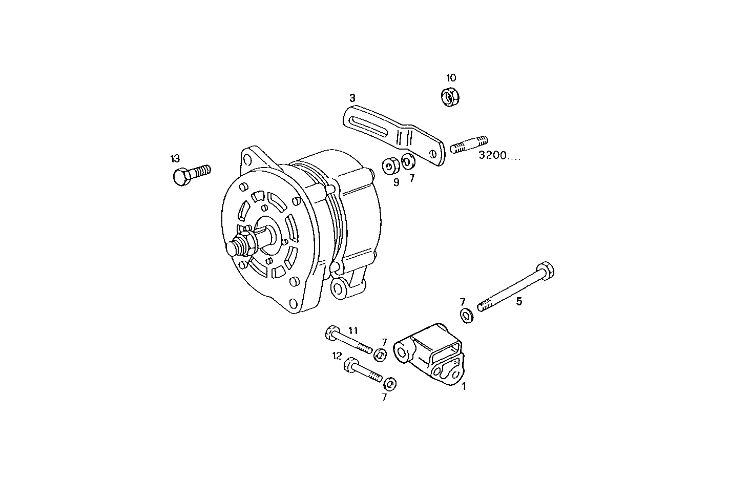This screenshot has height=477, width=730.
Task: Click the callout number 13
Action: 175,158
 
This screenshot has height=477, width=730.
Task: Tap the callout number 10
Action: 451,78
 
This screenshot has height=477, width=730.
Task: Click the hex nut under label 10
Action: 450,96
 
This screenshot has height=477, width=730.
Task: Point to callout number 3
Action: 352,97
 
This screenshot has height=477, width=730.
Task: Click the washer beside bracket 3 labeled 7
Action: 408,162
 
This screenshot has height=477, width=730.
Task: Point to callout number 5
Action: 519,301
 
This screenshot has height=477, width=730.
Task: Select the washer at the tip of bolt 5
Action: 466,316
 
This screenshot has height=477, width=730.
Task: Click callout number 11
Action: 353,330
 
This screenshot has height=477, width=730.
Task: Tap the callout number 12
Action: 337,355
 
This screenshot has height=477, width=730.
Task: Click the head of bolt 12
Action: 351,364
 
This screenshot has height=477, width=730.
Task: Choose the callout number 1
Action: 464,386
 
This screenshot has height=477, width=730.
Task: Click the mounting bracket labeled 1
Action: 430,354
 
